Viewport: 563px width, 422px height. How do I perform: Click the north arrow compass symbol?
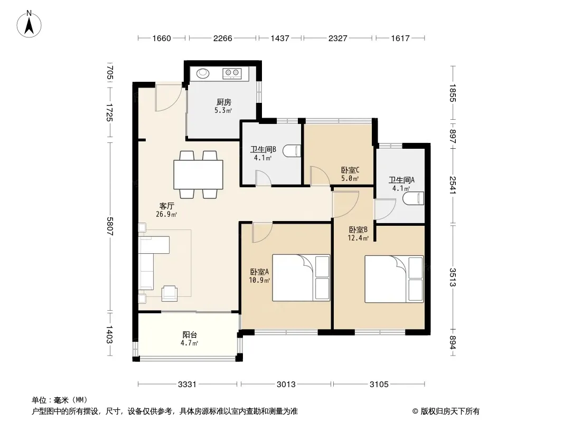[x=29, y=24]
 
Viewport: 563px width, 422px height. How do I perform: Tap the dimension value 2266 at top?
[x=223, y=38]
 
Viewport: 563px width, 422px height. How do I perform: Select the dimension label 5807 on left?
[x=110, y=226]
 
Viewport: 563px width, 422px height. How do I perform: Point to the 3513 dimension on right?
[x=453, y=277]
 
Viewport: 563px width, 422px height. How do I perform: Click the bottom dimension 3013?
[x=286, y=385]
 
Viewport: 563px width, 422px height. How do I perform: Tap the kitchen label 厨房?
[x=224, y=102]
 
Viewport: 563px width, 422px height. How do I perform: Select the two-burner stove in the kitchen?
[x=232, y=73]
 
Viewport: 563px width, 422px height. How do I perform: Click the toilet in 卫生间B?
[x=292, y=151]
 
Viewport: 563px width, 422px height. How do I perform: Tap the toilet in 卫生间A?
[x=414, y=198]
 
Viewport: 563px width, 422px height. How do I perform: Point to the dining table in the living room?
[x=198, y=175]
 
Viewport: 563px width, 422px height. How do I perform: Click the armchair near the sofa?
[x=170, y=293]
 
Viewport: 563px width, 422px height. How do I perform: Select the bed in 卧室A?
[x=301, y=277]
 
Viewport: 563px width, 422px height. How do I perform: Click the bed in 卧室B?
[x=394, y=279]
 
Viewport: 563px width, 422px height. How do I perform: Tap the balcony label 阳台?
[x=190, y=335]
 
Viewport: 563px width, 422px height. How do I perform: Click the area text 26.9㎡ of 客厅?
[x=166, y=214]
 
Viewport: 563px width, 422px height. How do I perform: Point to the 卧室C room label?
[x=350, y=170]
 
